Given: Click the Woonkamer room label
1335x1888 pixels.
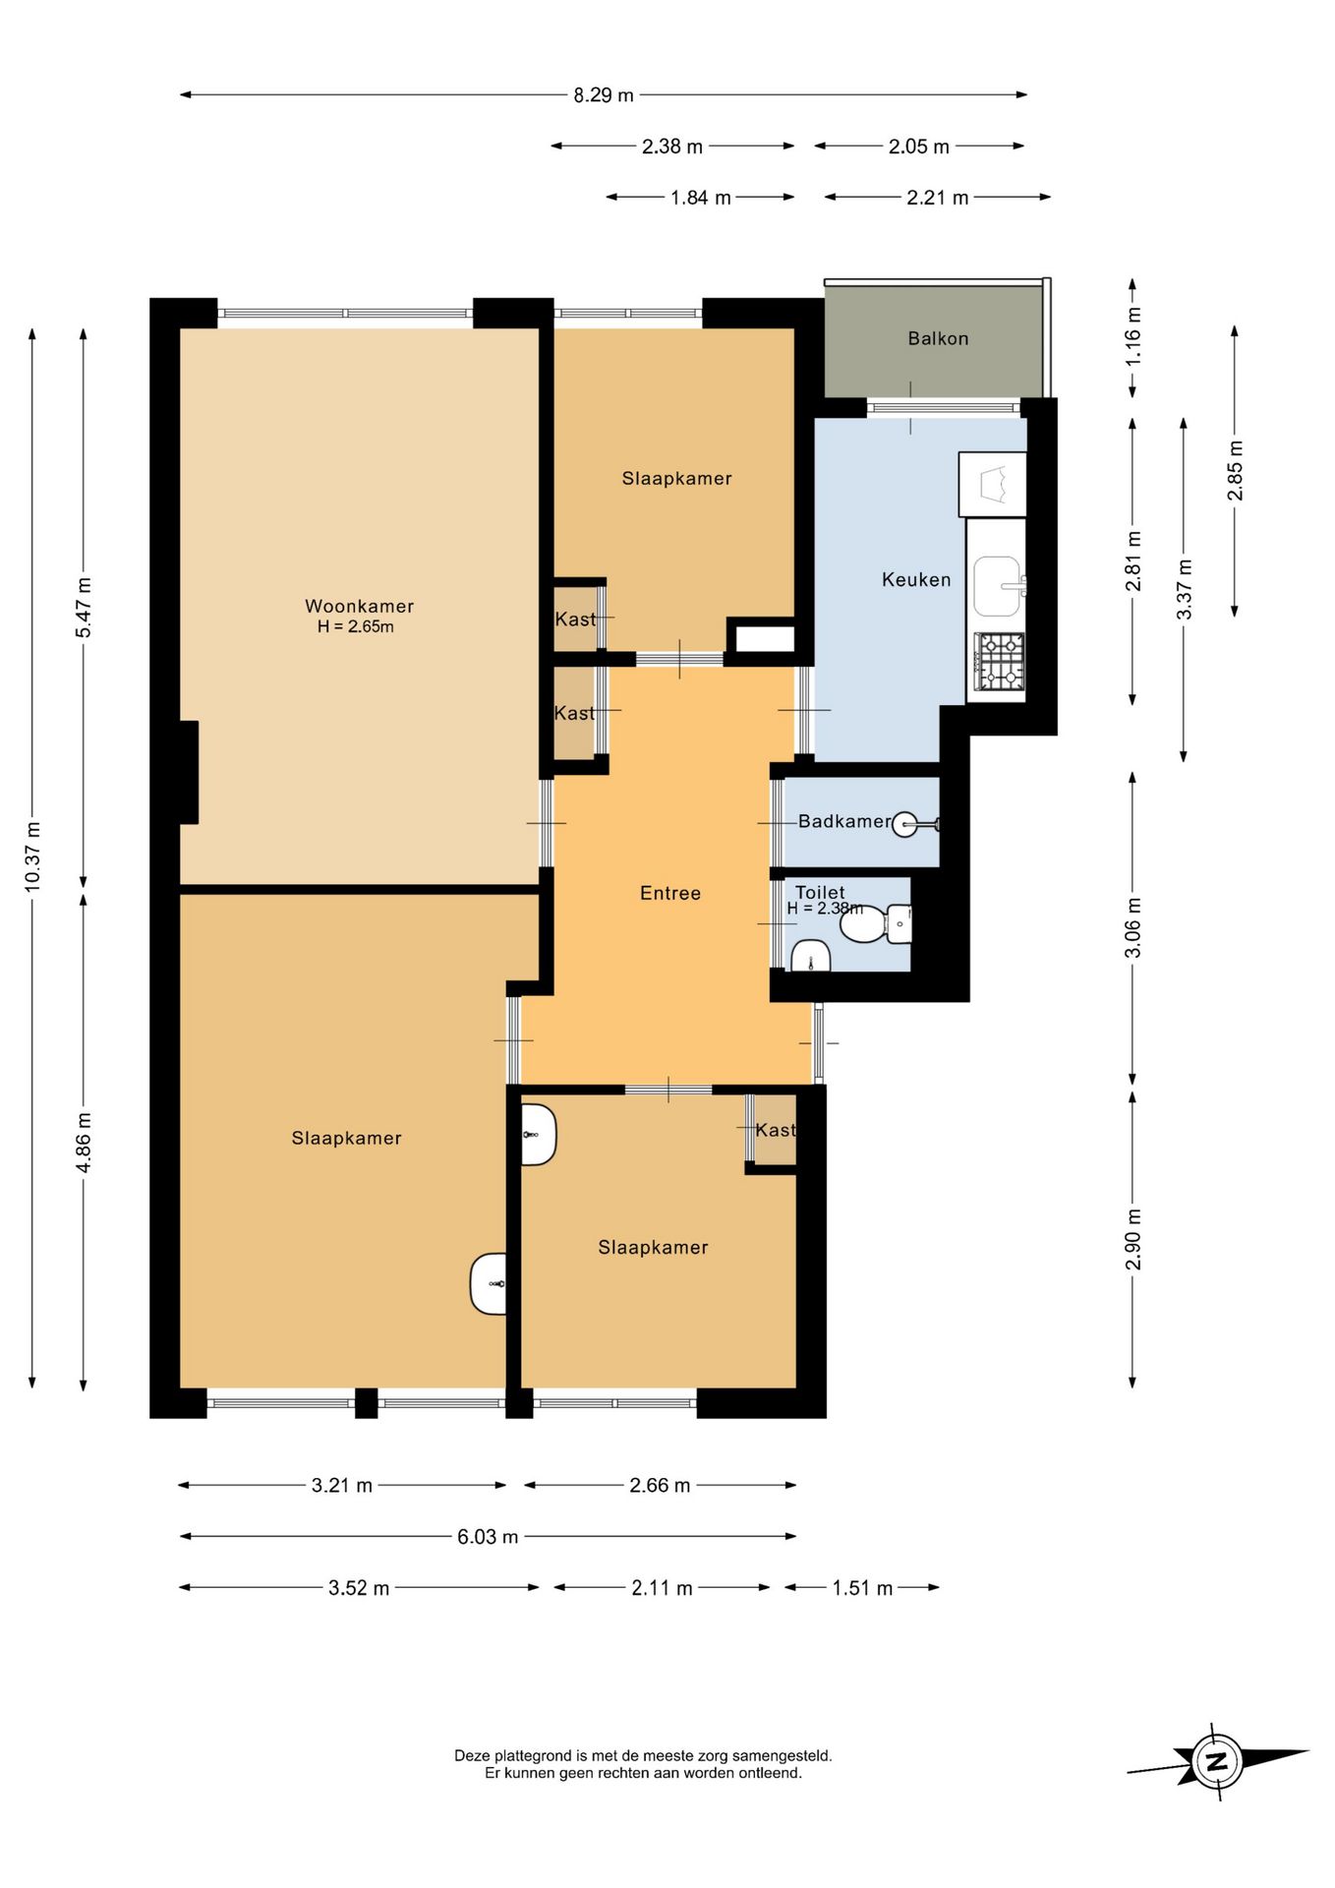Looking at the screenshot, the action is pos(359,606).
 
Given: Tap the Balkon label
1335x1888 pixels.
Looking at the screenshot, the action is pos(938,338).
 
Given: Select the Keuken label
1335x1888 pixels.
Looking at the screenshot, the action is pos(916,579).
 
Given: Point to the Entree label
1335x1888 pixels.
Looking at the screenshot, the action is pos(670,893).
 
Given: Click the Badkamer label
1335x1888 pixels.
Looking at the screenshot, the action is pos(844,821).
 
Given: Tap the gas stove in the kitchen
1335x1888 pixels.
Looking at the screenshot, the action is pos(1000,661).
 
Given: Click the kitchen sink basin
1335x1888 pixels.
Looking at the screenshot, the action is pos(998,585).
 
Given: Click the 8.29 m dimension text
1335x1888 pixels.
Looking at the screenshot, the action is pos(604,95).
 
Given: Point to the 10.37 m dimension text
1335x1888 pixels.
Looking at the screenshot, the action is pos(33,856).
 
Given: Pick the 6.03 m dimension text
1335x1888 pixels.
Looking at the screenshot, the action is pos(488,1536).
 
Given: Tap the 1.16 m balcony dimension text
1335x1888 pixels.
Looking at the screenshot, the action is pos(1133,336).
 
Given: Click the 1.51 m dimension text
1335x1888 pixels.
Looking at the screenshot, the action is pos(862,1588).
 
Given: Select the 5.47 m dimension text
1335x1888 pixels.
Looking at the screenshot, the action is pos(85,608).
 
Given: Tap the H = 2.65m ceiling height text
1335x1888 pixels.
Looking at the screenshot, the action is pos(355,627).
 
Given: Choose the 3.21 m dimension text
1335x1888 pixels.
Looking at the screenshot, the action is pos(342,1485).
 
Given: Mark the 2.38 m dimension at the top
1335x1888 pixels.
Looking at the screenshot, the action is pos(672,147).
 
